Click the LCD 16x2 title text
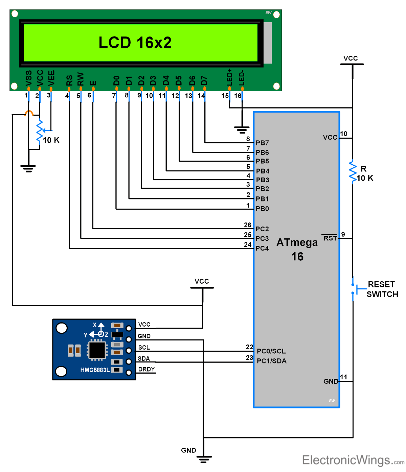(135, 43)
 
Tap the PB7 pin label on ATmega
(262, 143)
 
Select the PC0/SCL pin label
(271, 351)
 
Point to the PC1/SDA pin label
(271, 361)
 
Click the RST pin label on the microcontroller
(330, 238)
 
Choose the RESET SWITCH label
(382, 289)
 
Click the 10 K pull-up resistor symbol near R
(353, 171)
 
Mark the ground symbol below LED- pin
(242, 129)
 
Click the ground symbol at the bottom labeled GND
(204, 459)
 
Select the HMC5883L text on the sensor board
(95, 370)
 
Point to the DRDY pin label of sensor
(146, 370)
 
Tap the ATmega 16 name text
(297, 250)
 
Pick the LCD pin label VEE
(51, 78)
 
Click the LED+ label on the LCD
(230, 77)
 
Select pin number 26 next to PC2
(248, 225)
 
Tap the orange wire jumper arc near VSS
(29, 113)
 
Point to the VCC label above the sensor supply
(202, 281)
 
